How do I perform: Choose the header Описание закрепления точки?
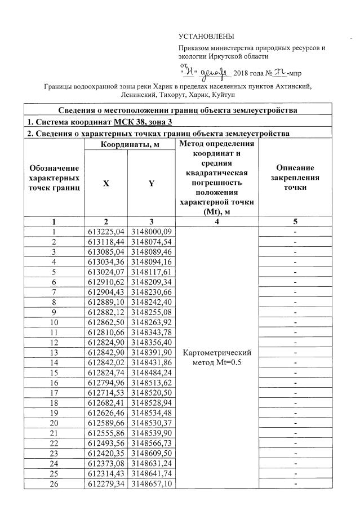(x=295, y=178)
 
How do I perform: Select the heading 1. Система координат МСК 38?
(x=92, y=121)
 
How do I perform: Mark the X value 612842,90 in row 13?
(x=106, y=352)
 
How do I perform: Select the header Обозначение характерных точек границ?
(x=54, y=178)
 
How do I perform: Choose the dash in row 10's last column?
(x=295, y=322)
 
